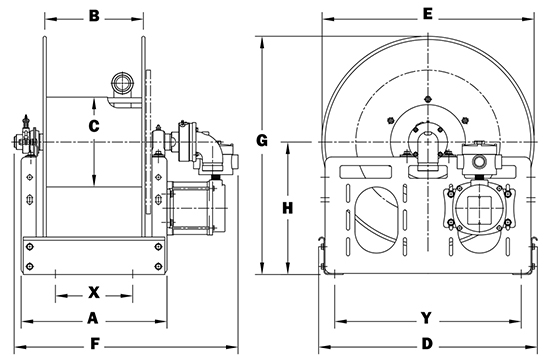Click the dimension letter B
click(94, 16)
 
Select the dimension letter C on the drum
click(94, 126)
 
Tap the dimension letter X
click(94, 292)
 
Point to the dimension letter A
click(92, 318)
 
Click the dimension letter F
click(95, 344)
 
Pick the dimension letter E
click(428, 14)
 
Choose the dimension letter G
click(262, 140)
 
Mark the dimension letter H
click(288, 208)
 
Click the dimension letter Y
click(426, 318)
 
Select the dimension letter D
click(427, 344)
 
